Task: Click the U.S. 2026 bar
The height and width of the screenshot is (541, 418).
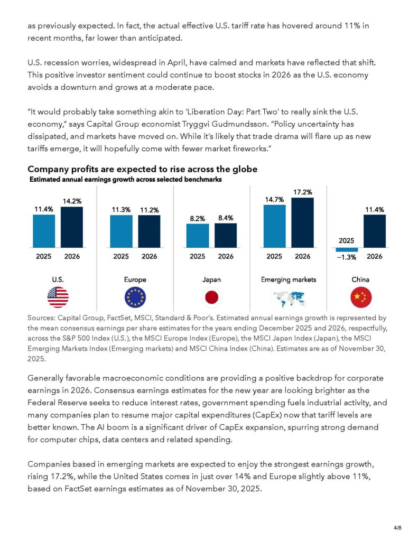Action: (72, 227)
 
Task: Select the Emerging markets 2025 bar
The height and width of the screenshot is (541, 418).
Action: (274, 226)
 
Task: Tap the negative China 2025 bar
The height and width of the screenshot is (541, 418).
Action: (347, 249)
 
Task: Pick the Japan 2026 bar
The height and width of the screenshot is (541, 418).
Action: (226, 236)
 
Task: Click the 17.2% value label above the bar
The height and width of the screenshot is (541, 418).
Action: (302, 191)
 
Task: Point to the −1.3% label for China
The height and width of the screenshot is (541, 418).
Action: (347, 257)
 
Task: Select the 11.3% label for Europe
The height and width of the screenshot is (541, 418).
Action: (121, 210)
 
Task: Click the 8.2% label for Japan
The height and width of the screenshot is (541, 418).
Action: (197, 218)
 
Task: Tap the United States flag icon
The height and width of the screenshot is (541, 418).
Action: (58, 298)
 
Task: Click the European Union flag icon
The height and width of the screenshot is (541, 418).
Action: (135, 298)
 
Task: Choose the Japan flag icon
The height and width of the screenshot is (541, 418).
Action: (211, 298)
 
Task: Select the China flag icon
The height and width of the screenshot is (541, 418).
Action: (361, 298)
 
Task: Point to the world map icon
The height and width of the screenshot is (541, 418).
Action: (288, 299)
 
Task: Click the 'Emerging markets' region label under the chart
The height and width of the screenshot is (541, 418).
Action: (288, 279)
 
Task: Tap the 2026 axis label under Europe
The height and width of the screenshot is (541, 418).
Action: (149, 257)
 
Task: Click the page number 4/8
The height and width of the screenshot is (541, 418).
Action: (398, 527)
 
